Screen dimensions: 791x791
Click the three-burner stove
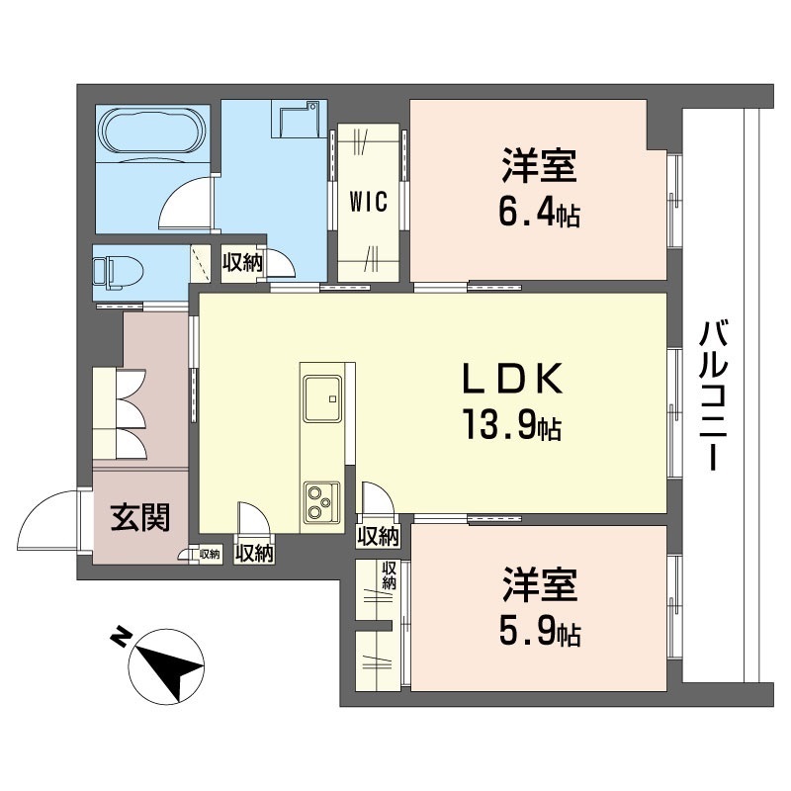(x=321, y=501)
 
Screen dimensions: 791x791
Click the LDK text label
(x=513, y=381)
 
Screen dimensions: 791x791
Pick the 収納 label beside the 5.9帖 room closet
(x=390, y=575)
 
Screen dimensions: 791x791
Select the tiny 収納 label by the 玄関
(x=210, y=554)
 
